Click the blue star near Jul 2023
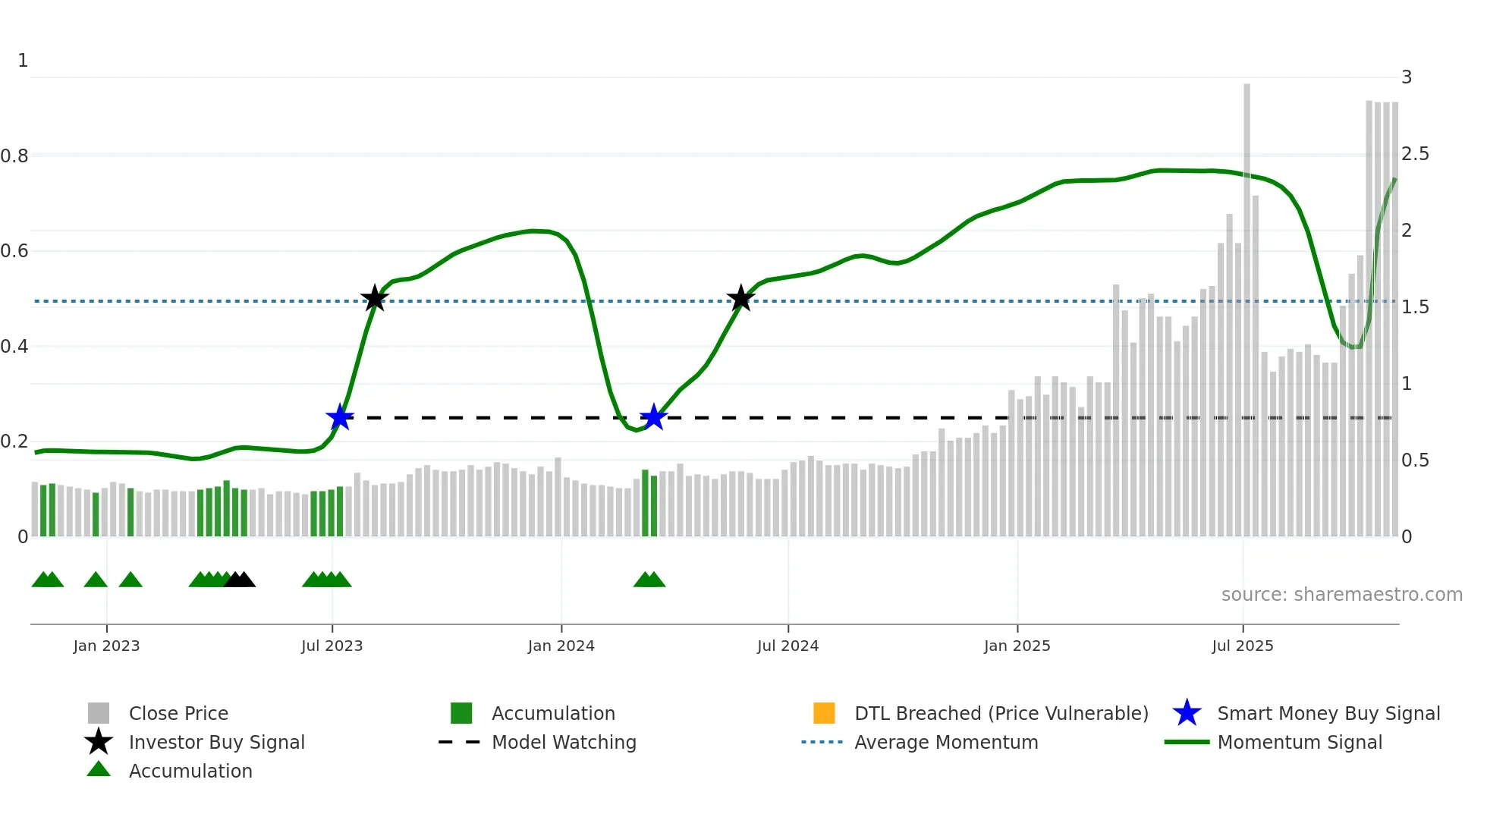tap(340, 417)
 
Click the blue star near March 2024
tap(653, 417)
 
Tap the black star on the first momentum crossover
tap(374, 299)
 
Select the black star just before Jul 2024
tap(741, 299)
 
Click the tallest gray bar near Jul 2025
tap(1247, 303)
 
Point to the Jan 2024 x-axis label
tap(561, 646)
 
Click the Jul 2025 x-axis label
tap(1242, 646)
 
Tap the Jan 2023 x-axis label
tap(106, 646)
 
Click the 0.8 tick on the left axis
tap(14, 156)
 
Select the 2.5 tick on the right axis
tap(1415, 155)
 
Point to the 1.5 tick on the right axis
tap(1415, 307)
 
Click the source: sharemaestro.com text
tap(1341, 595)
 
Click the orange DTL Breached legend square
tap(824, 713)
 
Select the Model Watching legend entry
tap(563, 743)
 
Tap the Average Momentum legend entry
tap(945, 743)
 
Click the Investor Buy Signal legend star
tap(99, 742)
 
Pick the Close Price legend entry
tap(178, 714)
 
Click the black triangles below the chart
tap(240, 580)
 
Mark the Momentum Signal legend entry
tap(1299, 743)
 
